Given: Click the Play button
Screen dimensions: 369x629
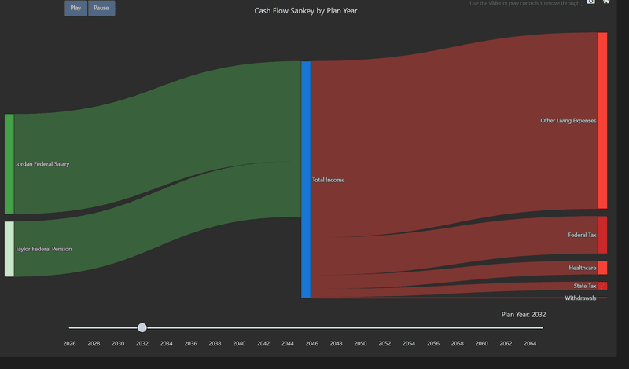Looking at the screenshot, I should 75,9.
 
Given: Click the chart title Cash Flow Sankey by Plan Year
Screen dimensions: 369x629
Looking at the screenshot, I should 306,11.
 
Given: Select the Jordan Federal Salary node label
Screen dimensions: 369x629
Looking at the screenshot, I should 42,164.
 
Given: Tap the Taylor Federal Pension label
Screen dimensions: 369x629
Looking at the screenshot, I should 43,249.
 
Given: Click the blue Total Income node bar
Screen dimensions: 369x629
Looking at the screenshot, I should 306,180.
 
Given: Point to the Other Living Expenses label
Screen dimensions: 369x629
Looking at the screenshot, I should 568,121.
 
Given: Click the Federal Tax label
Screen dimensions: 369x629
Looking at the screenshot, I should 582,235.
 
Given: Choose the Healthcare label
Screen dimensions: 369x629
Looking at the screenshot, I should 582,268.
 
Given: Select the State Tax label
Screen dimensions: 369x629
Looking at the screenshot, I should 584,286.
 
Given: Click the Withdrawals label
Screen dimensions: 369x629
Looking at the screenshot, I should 580,298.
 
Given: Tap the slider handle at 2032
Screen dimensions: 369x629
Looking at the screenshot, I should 142,327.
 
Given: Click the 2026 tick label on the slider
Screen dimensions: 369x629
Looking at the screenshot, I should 69,344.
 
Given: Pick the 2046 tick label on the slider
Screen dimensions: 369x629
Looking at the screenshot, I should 311,344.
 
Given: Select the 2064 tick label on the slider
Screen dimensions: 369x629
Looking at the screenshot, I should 530,344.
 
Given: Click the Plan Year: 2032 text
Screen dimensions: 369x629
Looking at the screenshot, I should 523,315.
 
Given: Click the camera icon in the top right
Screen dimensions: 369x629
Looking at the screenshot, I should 591,2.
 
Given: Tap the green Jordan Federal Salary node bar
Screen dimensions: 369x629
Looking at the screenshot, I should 9,164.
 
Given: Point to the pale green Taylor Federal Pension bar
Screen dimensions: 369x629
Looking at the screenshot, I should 9,249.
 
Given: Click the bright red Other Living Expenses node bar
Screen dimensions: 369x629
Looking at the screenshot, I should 602,121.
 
